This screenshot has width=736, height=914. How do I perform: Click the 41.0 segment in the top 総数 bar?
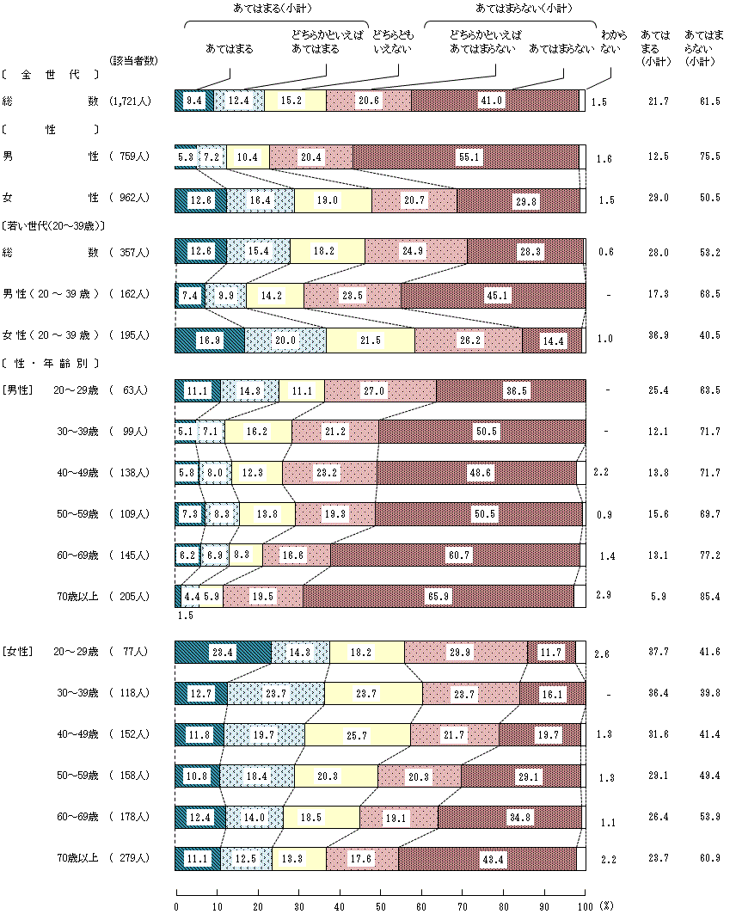coord(494,101)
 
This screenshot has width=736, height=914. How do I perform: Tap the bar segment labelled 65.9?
coord(438,596)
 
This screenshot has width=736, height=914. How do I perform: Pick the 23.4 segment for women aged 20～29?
coord(223,653)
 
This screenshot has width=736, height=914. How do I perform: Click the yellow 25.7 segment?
coord(358,735)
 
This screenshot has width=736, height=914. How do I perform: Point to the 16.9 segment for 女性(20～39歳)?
coord(209,340)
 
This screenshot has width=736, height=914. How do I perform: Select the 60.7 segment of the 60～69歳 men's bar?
coord(455,555)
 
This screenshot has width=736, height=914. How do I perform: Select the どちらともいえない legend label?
coord(392,42)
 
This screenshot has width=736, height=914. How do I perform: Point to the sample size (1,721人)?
coord(131,101)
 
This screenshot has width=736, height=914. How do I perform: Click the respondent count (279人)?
coord(130,857)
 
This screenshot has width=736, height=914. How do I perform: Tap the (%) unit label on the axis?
coord(607,905)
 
